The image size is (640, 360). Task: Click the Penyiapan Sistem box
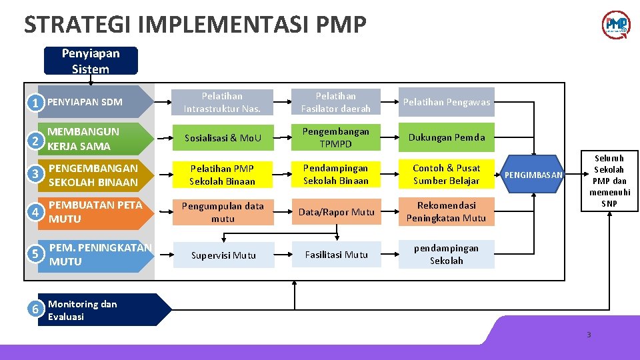pos(91,61)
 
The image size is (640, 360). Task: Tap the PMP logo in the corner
pos(616,25)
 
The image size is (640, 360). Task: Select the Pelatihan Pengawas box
pos(447,102)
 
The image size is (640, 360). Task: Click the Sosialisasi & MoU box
pos(223,138)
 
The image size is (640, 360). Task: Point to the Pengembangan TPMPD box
pos(335,137)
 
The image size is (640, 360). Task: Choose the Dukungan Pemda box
pos(447,137)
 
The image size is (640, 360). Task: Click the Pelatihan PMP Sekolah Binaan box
pos(223,175)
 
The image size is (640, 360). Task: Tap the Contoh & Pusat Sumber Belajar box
pos(447,175)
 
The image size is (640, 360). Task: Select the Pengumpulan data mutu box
pos(223,212)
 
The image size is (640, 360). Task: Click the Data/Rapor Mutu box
pos(335,212)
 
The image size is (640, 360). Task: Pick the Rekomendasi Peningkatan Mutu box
pos(447,212)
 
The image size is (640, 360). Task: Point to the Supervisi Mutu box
pos(223,255)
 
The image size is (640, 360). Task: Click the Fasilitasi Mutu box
pos(337,255)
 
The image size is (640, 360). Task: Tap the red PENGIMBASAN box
pos(534,175)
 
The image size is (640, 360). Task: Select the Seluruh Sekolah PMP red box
pos(609,181)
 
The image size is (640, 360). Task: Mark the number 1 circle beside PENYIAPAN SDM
pos(36,103)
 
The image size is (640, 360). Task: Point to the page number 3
pos(589,335)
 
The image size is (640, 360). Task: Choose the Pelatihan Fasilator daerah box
pos(335,102)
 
